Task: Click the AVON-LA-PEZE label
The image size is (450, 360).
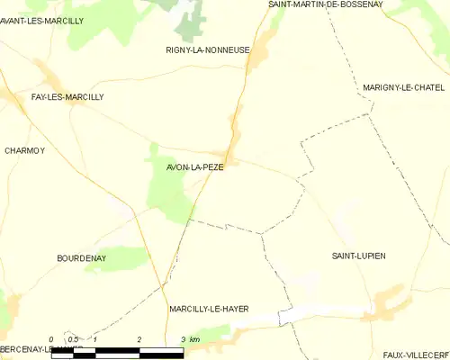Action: [194, 166]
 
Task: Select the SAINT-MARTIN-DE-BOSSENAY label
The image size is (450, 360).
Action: [326, 4]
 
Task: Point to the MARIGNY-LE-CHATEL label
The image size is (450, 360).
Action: [404, 87]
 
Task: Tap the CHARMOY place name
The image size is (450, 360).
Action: [25, 150]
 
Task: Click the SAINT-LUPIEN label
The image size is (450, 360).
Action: [358, 256]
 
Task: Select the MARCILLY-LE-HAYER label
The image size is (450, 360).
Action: [209, 309]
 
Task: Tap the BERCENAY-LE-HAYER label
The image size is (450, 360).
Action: [40, 348]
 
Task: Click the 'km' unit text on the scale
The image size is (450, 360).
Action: [194, 339]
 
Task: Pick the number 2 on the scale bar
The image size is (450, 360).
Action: [139, 339]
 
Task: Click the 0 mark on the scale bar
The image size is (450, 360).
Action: [51, 339]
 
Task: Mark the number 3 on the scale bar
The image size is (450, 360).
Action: [183, 339]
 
